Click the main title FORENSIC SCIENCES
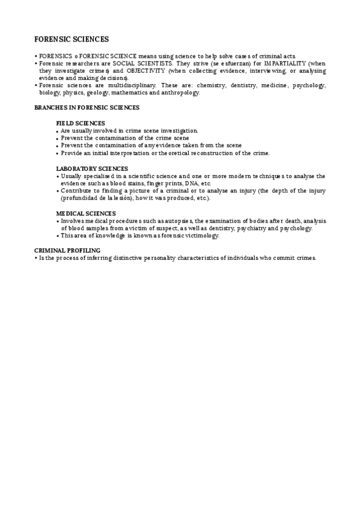(x=72, y=39)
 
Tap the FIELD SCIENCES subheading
(x=81, y=123)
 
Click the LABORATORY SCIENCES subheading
(x=92, y=168)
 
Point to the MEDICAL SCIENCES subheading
(x=86, y=214)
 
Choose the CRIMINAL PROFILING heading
(x=67, y=250)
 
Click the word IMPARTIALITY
(x=281, y=63)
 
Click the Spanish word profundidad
(x=80, y=198)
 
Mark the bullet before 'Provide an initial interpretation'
(x=58, y=153)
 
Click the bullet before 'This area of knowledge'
(x=58, y=236)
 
